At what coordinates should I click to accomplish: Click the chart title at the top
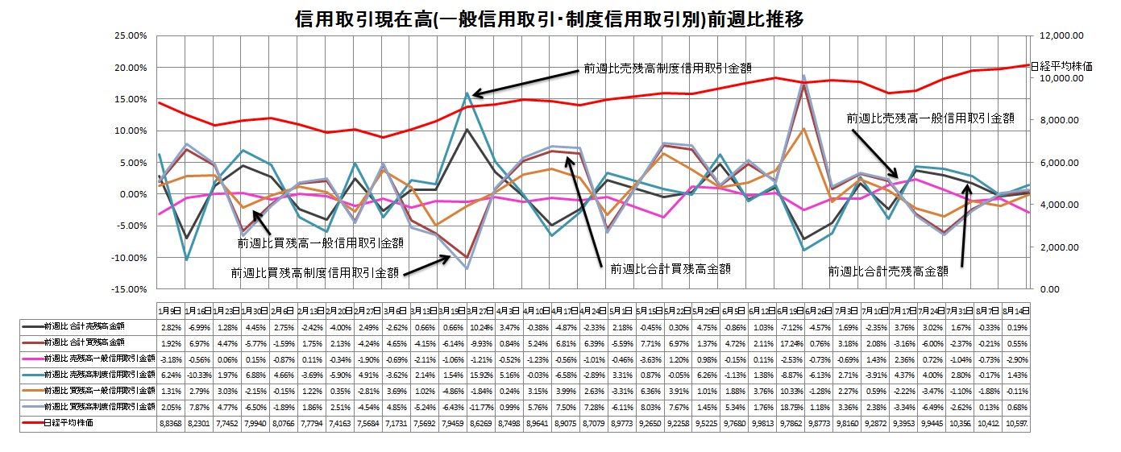[550, 19]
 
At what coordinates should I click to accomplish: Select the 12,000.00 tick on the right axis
[1056, 35]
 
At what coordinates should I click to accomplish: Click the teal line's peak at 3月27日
[467, 93]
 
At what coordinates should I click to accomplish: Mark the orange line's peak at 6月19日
[803, 129]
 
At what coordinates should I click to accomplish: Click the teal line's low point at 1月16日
[187, 259]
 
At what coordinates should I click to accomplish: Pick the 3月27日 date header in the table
[467, 310]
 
